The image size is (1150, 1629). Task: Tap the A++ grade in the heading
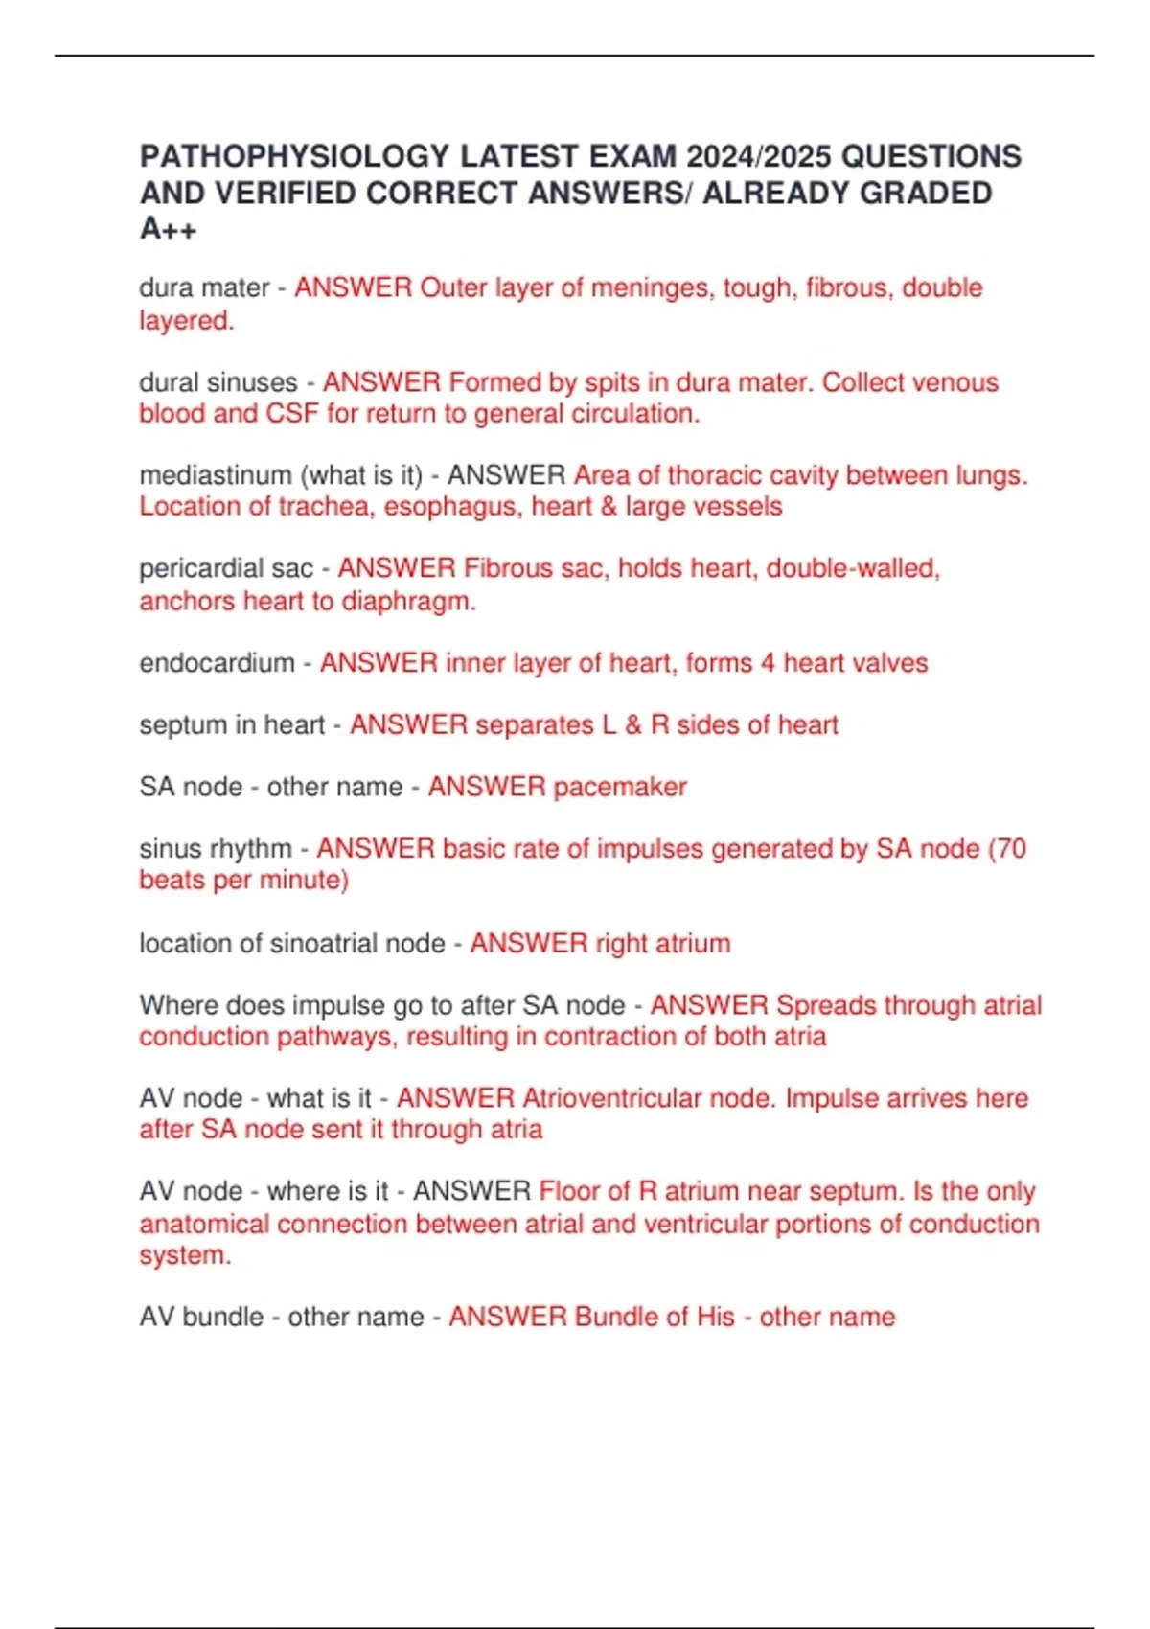169,229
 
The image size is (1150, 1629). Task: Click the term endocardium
217,663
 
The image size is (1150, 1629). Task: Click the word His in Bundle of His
716,1317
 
